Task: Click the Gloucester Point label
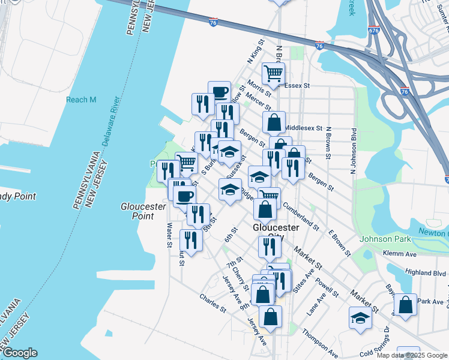tap(143, 211)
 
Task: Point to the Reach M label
tap(81, 100)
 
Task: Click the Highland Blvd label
tap(426, 272)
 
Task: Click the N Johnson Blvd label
tap(354, 150)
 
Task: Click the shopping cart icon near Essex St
tap(273, 73)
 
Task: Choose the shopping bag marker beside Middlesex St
tap(274, 122)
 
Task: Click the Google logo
tap(20, 353)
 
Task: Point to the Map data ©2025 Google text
tap(412, 355)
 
